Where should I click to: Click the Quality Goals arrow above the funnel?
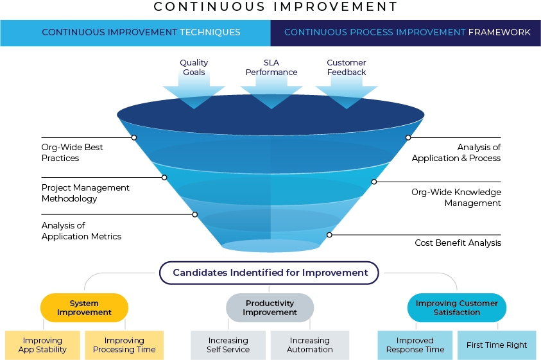tap(194, 90)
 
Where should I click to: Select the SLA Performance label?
tap(271, 67)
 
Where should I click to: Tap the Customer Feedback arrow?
tap(347, 90)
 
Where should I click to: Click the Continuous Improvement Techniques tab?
tap(135, 33)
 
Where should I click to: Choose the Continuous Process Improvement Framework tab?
tap(406, 33)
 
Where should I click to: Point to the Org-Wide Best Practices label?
tap(72, 153)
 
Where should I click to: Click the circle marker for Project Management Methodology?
tap(164, 177)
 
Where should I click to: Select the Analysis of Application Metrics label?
tap(82, 231)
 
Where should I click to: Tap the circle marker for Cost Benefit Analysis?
tap(329, 235)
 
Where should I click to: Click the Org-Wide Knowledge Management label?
tap(456, 198)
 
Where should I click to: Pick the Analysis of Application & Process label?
tap(456, 153)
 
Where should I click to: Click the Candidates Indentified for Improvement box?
tap(269, 273)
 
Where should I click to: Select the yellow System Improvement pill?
tap(84, 307)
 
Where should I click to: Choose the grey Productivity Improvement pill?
tap(270, 307)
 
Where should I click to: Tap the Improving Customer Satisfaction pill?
tap(457, 307)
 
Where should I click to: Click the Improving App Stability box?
tap(42, 345)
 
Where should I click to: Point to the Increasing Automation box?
tap(310, 345)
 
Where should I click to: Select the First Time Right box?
tap(497, 345)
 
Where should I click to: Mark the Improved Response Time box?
tap(415, 345)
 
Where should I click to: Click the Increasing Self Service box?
tap(228, 345)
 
